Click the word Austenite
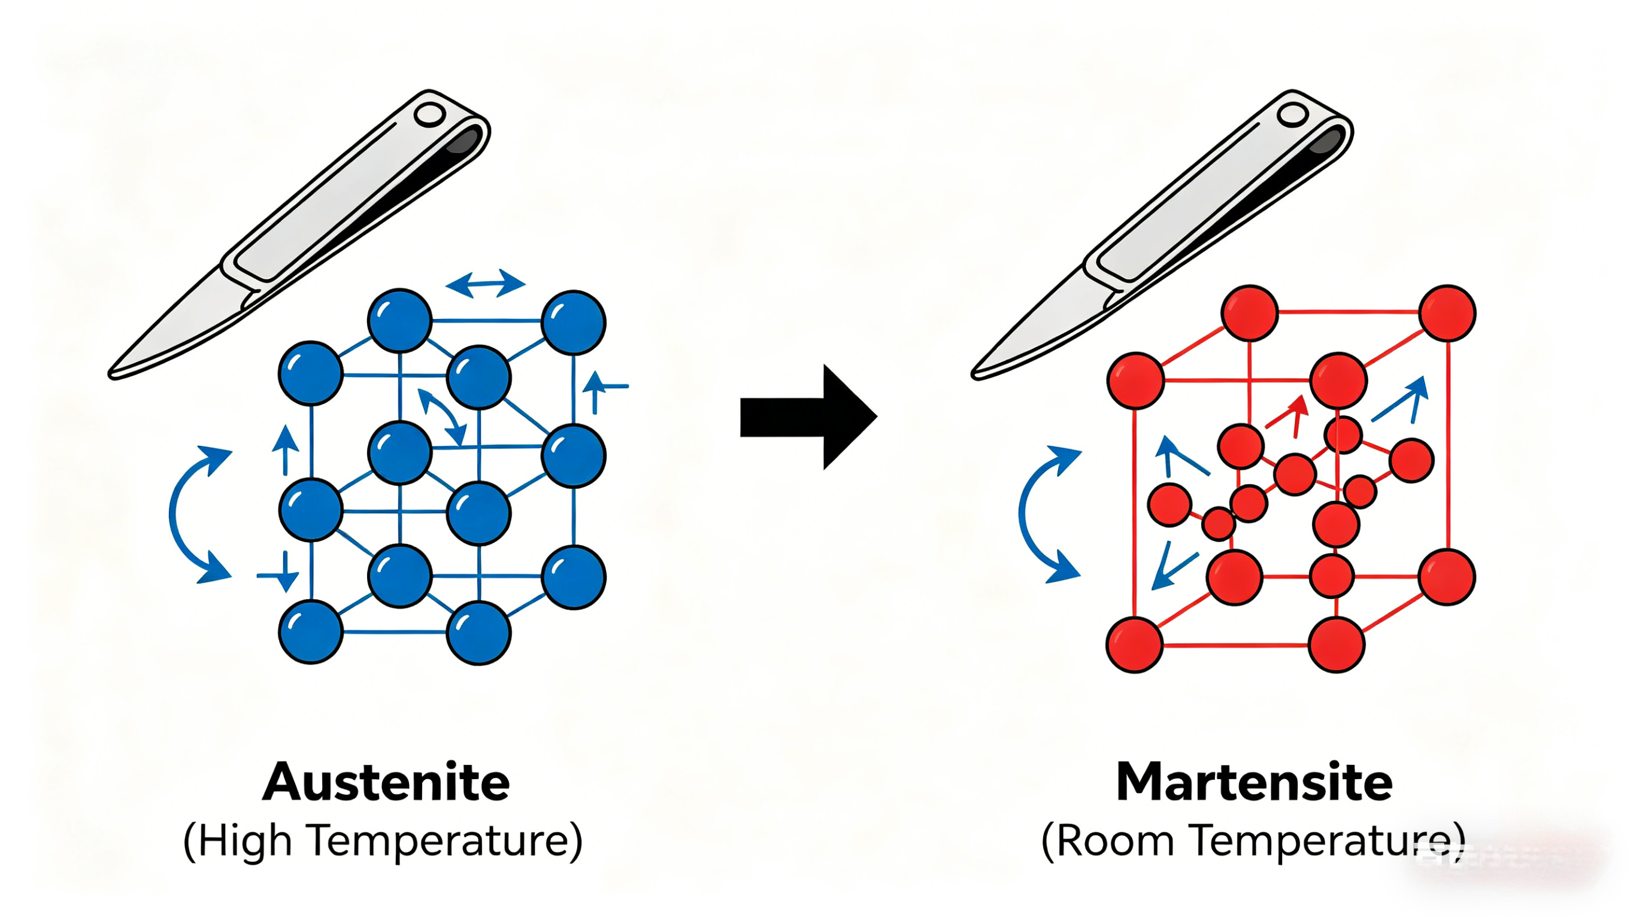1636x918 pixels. point(386,782)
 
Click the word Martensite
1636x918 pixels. point(1255,782)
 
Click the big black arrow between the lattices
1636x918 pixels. point(808,417)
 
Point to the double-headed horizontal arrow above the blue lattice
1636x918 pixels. point(486,283)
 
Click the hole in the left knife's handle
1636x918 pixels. point(429,115)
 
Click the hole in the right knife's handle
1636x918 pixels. point(1292,115)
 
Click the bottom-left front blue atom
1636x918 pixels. point(311,633)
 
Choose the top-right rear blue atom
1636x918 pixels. point(574,323)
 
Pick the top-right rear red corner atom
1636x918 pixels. point(1447,313)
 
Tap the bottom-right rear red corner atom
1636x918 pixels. point(1447,577)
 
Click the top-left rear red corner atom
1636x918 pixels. point(1250,313)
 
